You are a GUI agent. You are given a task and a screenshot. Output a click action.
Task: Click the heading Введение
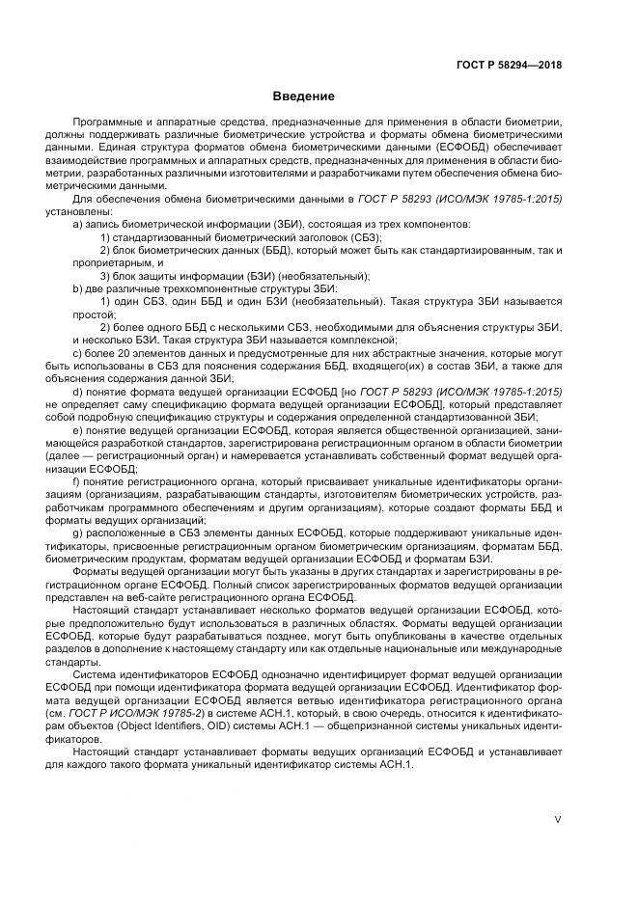303,96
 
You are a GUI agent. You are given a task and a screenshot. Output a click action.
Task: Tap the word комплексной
361,341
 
